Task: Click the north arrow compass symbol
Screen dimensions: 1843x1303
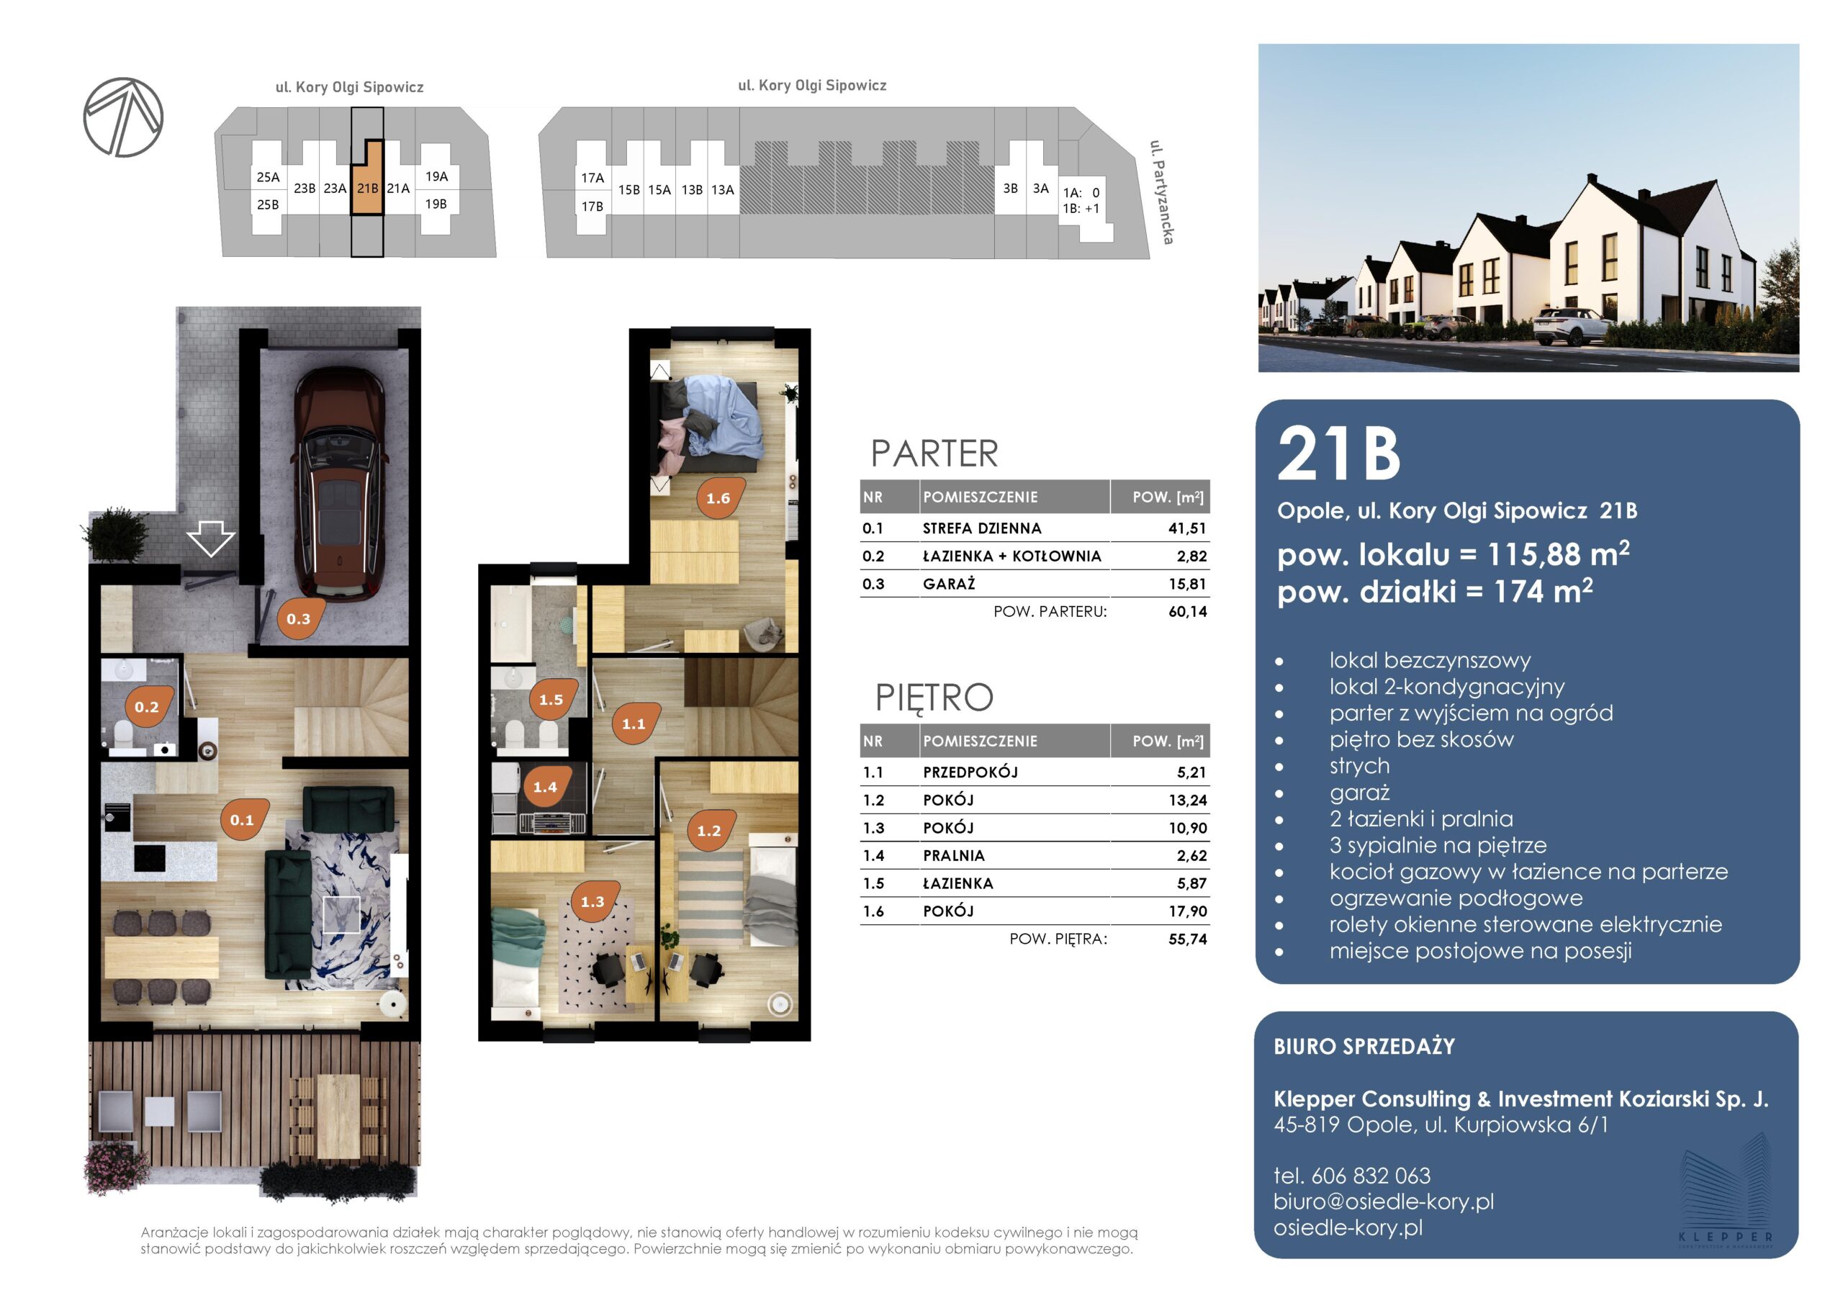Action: tap(123, 117)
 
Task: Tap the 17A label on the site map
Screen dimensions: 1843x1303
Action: tap(592, 177)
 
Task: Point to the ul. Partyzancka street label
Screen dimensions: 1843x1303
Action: tap(1161, 192)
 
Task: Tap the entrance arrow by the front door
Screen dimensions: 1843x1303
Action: tap(210, 538)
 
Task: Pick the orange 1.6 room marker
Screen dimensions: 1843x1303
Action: tap(720, 497)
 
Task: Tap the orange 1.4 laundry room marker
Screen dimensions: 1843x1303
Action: tap(546, 786)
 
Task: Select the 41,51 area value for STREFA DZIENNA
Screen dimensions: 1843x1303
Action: tap(1187, 528)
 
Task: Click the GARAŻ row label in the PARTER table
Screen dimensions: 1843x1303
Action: tap(949, 584)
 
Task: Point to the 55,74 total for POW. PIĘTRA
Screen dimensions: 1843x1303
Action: tap(1188, 939)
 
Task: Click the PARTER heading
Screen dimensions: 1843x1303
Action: tap(934, 454)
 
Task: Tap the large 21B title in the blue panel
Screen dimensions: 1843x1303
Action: tap(1339, 454)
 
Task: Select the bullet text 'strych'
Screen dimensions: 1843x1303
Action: tap(1359, 766)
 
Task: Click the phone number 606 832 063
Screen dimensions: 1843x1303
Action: tap(1370, 1176)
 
